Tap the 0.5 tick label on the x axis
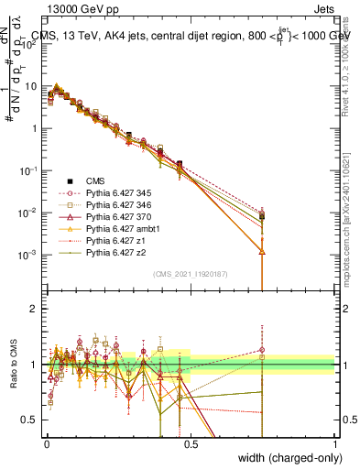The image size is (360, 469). [191, 442]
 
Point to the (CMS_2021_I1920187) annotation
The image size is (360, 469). [191, 275]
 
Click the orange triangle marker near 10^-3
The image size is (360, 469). [263, 251]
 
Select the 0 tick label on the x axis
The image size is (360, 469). [46, 442]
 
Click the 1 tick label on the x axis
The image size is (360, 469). [335, 442]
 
